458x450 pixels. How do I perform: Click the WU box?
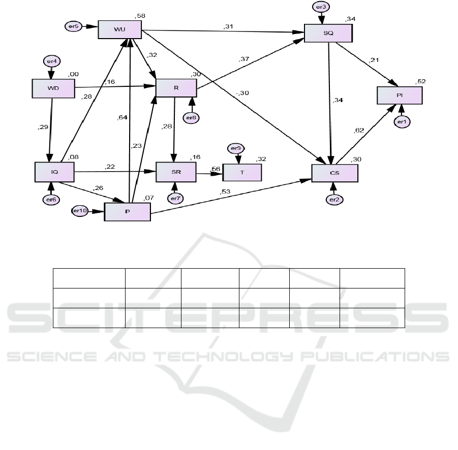(119, 29)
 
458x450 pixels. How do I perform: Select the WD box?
(53, 88)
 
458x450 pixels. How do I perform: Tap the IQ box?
(54, 172)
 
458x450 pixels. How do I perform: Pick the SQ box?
(328, 32)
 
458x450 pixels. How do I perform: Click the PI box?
(399, 95)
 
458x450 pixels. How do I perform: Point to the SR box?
(175, 172)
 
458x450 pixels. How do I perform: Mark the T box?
(242, 172)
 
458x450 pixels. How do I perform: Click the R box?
(176, 88)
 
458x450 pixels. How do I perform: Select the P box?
(127, 211)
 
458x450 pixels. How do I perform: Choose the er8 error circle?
(192, 117)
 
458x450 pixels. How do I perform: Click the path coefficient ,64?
(121, 118)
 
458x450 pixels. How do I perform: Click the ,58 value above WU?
(140, 16)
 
